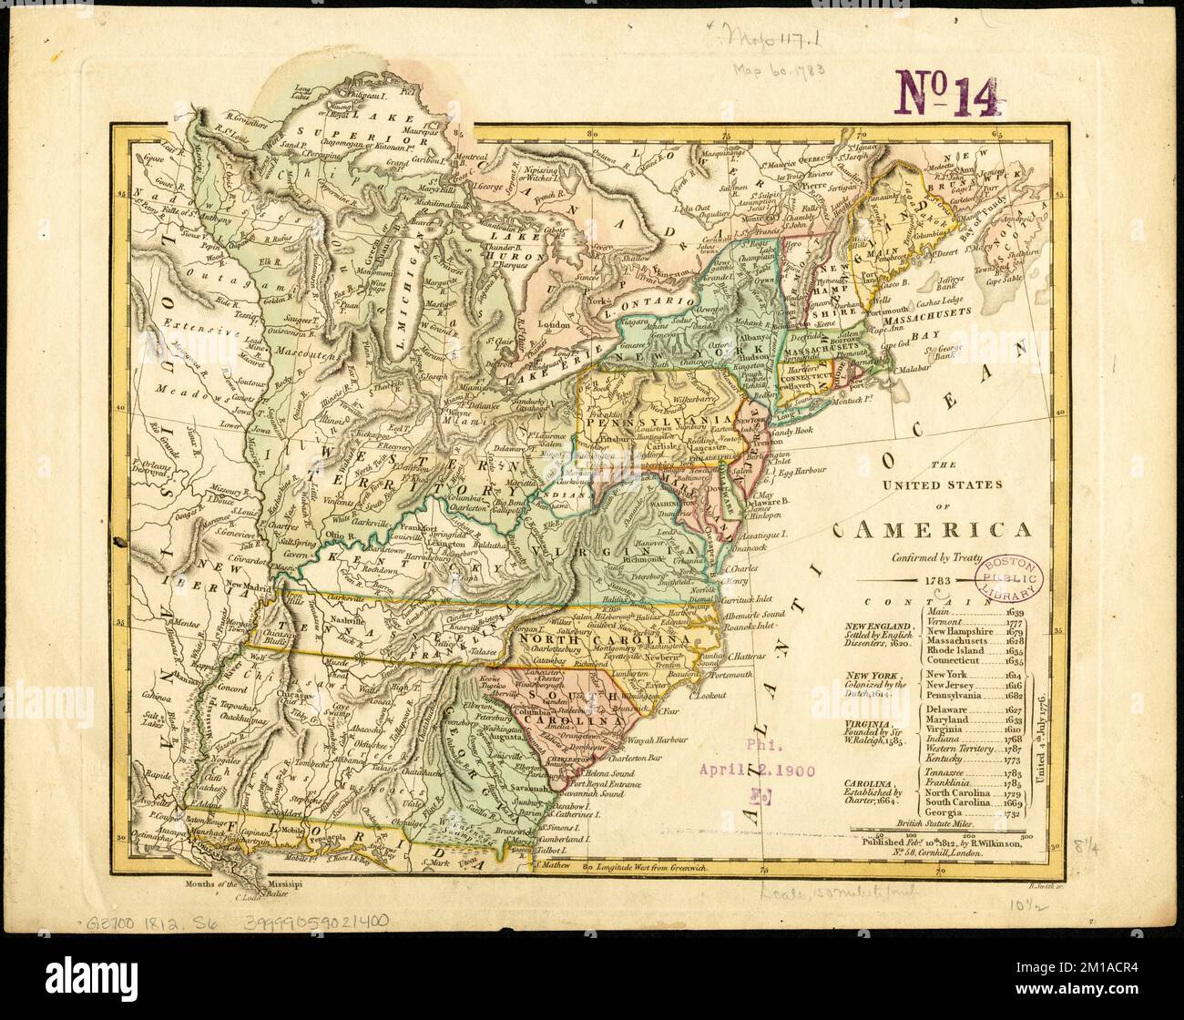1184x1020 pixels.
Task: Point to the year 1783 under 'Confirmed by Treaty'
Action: coord(935,579)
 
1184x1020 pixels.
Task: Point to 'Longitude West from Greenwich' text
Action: coord(648,868)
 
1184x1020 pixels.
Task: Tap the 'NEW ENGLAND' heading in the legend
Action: coord(877,627)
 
